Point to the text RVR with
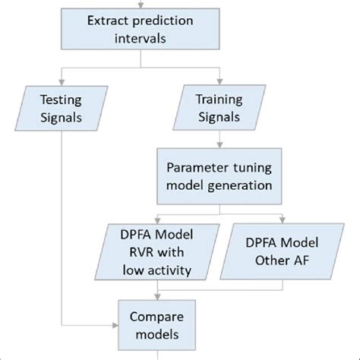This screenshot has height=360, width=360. (x=156, y=252)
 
